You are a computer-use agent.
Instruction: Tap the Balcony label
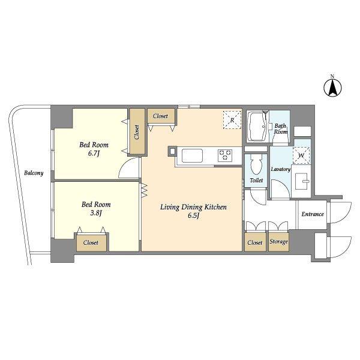click(x=34, y=173)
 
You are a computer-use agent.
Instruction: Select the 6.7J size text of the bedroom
click(x=94, y=154)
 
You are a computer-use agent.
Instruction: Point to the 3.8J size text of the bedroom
click(x=96, y=213)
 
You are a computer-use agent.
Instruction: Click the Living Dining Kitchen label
click(x=193, y=207)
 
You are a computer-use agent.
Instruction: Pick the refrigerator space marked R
click(x=232, y=120)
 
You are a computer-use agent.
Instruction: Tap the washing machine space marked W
click(x=301, y=155)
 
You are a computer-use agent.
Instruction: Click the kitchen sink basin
click(x=192, y=155)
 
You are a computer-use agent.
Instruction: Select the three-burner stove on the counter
click(x=225, y=155)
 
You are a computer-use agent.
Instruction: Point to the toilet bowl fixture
click(x=256, y=164)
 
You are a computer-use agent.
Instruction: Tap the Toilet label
click(x=256, y=181)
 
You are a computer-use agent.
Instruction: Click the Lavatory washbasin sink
click(x=301, y=181)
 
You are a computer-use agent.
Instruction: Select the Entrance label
click(x=313, y=214)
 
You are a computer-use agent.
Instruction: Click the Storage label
click(x=278, y=242)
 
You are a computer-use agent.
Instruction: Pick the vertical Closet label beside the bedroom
click(x=137, y=132)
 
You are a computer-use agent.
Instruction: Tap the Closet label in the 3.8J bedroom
click(x=91, y=242)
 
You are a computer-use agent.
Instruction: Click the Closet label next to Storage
click(x=255, y=242)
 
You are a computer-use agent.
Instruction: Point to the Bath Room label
click(x=281, y=129)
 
